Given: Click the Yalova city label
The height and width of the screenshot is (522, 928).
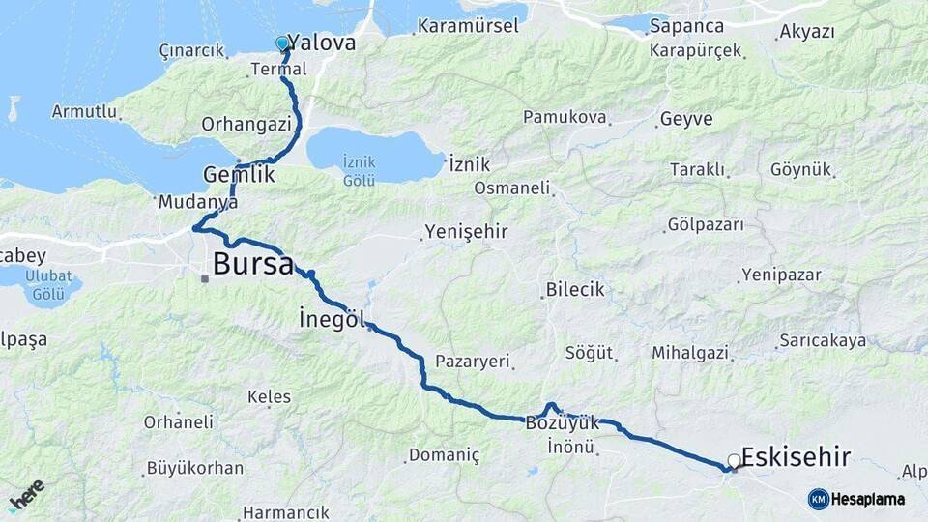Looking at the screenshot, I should tap(322, 43).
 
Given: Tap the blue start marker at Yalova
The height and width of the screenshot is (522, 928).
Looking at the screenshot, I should tap(282, 43).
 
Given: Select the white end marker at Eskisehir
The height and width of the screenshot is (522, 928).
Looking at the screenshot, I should tap(735, 461).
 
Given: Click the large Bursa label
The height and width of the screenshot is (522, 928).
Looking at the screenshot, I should tap(252, 263).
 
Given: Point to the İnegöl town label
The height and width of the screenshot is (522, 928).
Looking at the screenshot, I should tap(333, 319).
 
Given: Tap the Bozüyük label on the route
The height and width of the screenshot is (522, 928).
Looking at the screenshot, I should tap(563, 422).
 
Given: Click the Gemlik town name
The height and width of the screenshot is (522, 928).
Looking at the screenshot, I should tap(240, 175).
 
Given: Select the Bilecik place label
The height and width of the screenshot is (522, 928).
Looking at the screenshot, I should tap(575, 289).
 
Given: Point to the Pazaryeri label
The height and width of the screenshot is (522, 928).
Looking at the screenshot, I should tap(472, 361).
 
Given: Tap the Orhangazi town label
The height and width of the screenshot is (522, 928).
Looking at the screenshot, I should tap(246, 124).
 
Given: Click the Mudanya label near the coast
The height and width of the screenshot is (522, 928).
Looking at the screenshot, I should tap(197, 203).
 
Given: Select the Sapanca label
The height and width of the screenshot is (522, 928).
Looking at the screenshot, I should tap(686, 25).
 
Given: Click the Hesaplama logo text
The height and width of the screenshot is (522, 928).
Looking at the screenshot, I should tap(866, 499).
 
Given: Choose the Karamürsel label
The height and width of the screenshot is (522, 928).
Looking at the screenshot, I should tap(469, 26).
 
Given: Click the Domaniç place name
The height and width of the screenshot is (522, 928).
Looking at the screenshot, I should tap(445, 454).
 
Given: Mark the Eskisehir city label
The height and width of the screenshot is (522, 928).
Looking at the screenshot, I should tap(797, 456).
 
